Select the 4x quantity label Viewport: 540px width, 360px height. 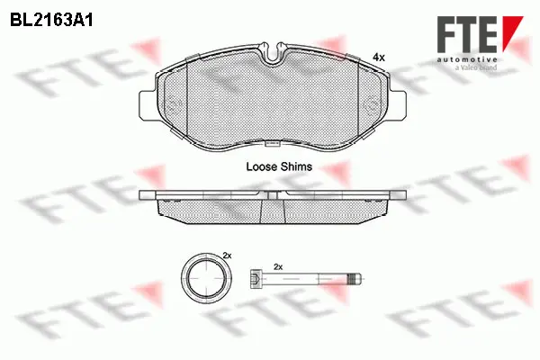[x=378, y=57]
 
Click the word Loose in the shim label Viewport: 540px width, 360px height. [x=262, y=166]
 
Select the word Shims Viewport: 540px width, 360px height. [x=297, y=166]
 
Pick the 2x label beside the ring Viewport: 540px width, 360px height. [x=227, y=256]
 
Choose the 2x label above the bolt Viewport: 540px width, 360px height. [x=278, y=267]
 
